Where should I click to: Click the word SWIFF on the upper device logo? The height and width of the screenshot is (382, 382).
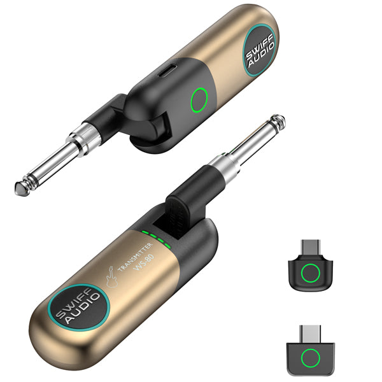[x=258, y=47]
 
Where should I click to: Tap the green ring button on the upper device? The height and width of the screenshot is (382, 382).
[x=199, y=100]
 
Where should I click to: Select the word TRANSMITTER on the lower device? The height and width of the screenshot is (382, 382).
[x=136, y=257]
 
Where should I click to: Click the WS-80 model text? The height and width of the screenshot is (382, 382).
[x=145, y=262]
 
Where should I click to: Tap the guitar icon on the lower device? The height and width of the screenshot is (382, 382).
[x=112, y=277]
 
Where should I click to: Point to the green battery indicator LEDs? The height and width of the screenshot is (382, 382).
[x=156, y=239]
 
